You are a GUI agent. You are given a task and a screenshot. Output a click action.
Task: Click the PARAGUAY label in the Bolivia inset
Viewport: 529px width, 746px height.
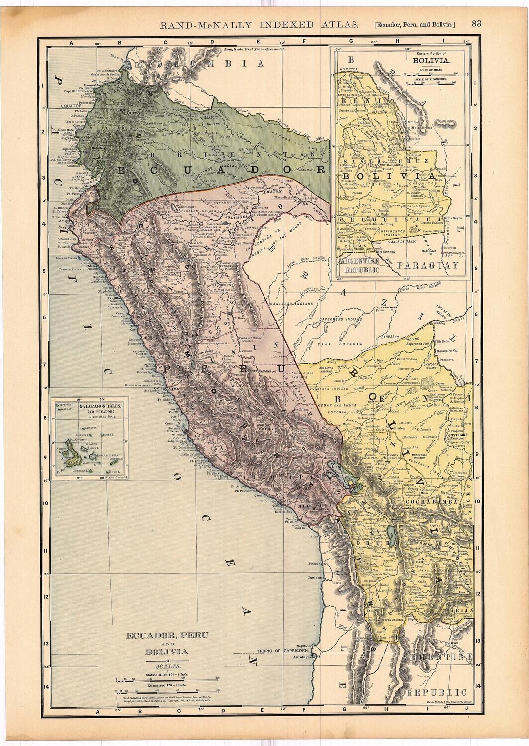434,266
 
